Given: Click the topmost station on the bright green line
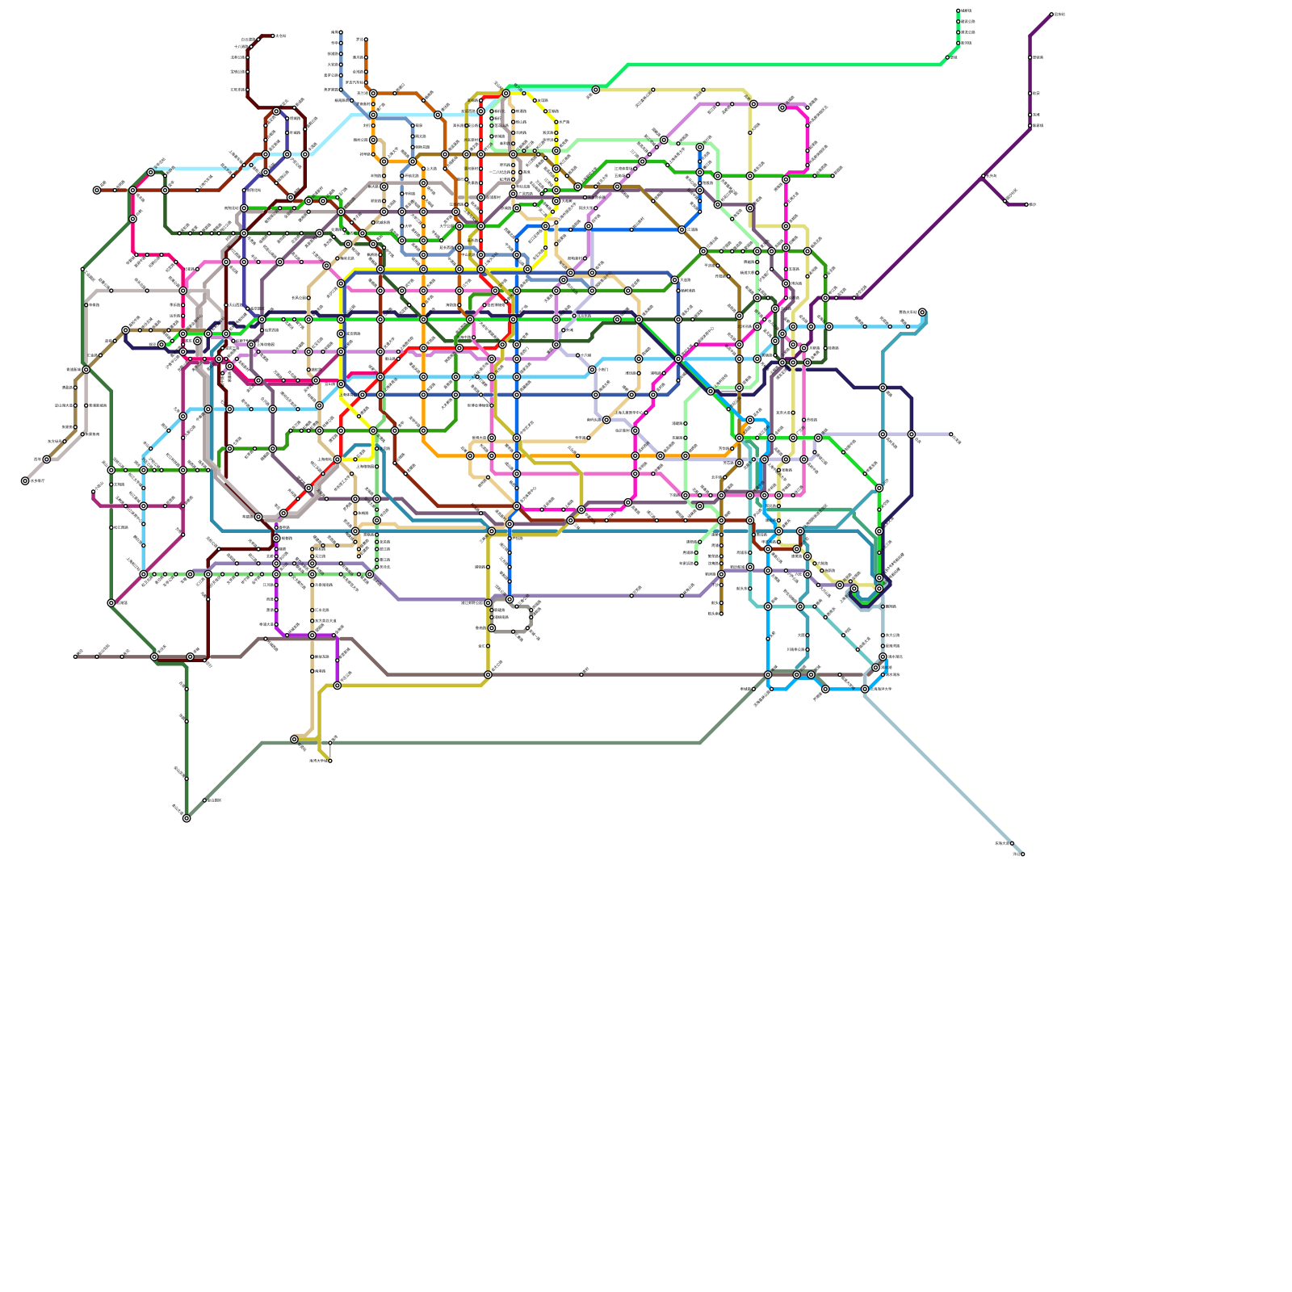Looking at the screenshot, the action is pos(959,10).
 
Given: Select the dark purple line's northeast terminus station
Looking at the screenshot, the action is pos(1051,15).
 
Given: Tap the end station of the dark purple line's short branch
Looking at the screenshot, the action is pos(1026,204).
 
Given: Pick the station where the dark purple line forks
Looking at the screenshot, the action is pos(983,176).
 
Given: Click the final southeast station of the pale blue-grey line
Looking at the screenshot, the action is pos(1022,854).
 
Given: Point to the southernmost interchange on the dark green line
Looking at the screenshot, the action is pos(187,818).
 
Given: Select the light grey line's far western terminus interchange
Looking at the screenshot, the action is pos(25,481).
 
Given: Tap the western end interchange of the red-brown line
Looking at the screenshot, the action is pos(97,191).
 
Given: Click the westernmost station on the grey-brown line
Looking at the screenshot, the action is pos(75,656).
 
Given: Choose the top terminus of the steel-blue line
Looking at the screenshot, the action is pos(341,32).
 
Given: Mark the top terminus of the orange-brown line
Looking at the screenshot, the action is pos(366,39).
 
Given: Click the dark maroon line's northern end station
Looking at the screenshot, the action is pos(272,36).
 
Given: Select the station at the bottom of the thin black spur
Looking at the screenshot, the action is pos(329,760).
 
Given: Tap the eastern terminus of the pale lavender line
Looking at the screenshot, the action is pos(951,434).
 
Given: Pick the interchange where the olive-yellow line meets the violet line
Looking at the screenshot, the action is pos(338,686).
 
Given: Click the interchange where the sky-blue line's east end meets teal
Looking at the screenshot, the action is pos(922,313).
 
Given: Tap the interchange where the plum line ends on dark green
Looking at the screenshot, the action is pos(111,603).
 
